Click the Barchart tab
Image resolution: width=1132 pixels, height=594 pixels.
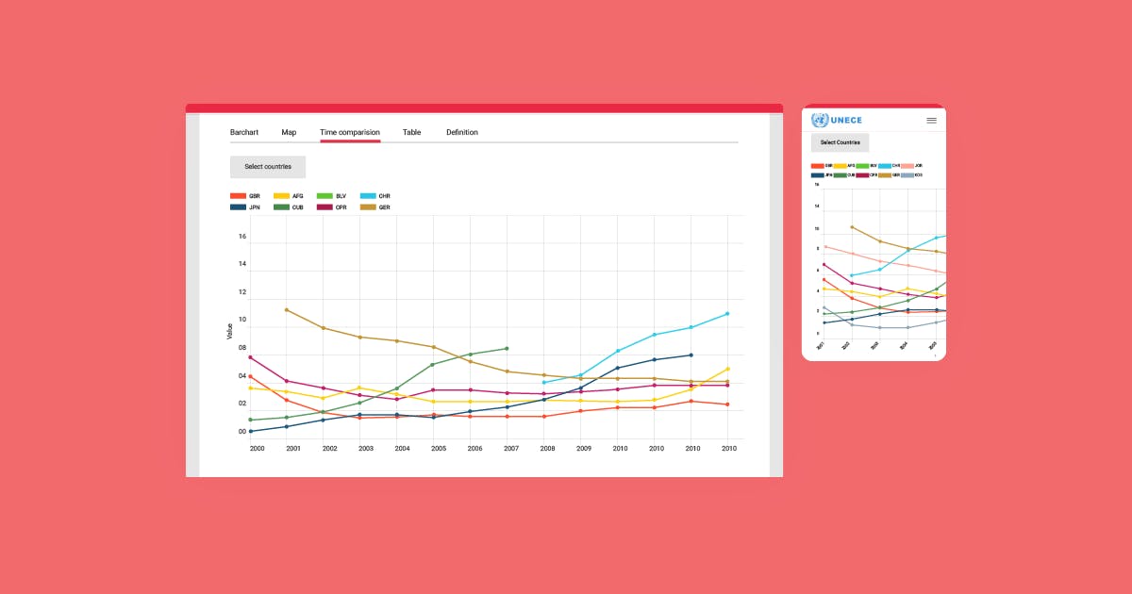click(x=244, y=132)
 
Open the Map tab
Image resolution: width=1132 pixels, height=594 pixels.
click(x=289, y=132)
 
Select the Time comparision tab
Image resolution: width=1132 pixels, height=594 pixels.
click(x=350, y=132)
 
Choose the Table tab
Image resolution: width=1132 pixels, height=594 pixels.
click(x=411, y=132)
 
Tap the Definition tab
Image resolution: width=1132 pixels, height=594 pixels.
click(x=462, y=132)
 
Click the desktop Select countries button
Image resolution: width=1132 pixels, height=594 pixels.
click(x=268, y=167)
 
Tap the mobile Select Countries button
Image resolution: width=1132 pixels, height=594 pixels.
click(x=840, y=142)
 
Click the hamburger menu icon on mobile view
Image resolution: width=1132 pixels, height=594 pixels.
click(x=931, y=121)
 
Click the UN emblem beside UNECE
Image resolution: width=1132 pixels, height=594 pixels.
click(x=819, y=120)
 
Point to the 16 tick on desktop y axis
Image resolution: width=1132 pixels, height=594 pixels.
click(x=242, y=237)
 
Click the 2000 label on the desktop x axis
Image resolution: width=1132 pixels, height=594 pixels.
click(x=258, y=449)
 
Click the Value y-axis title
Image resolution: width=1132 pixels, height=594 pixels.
click(x=229, y=331)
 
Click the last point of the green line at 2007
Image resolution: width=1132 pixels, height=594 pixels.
click(x=508, y=349)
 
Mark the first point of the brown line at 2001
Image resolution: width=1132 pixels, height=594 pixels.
click(x=286, y=309)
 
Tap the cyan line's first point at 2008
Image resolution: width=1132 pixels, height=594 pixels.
click(x=544, y=383)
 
